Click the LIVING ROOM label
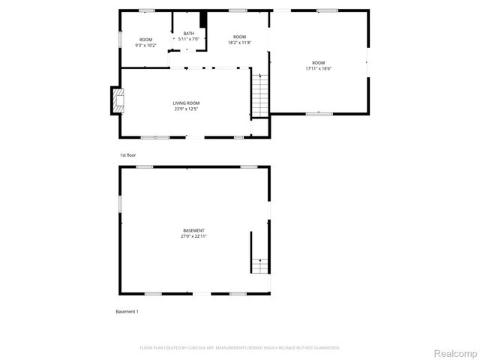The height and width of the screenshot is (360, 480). (x=187, y=103)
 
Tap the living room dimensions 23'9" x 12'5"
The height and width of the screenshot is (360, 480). (x=187, y=109)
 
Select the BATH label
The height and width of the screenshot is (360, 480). (x=188, y=33)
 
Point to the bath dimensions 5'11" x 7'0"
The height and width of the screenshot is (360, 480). (x=188, y=39)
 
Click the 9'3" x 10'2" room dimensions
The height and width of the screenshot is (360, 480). (x=145, y=45)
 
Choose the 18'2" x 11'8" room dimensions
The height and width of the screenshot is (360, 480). (x=239, y=43)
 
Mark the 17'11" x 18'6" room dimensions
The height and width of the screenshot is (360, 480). (x=319, y=68)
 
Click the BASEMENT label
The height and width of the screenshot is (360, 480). (x=193, y=230)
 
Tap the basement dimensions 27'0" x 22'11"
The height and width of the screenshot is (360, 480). (x=193, y=236)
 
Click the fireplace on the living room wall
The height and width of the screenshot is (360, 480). (x=116, y=100)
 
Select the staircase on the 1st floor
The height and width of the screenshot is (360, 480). (x=259, y=95)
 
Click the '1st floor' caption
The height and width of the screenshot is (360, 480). (x=127, y=155)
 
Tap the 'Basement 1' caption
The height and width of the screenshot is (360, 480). (x=127, y=311)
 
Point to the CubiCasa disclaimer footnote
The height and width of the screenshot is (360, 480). (x=239, y=348)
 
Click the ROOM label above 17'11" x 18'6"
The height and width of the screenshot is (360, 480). (x=319, y=62)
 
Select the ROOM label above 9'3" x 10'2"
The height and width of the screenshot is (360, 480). (x=145, y=39)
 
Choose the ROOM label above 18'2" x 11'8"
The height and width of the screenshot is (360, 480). (x=239, y=37)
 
